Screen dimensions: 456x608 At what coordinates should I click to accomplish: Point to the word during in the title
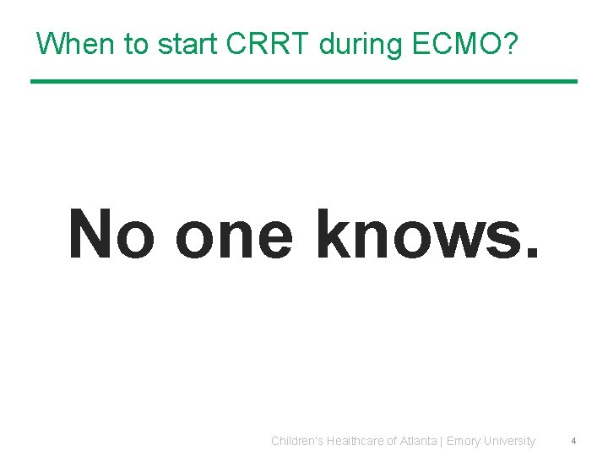(x=361, y=44)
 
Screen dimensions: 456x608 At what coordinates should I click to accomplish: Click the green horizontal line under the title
(x=304, y=81)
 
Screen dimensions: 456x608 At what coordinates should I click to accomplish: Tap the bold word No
(x=111, y=233)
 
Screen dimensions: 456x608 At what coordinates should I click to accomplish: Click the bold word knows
(x=414, y=233)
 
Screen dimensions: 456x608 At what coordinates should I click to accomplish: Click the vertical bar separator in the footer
(x=442, y=441)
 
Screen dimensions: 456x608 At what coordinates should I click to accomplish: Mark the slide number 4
(x=573, y=441)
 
